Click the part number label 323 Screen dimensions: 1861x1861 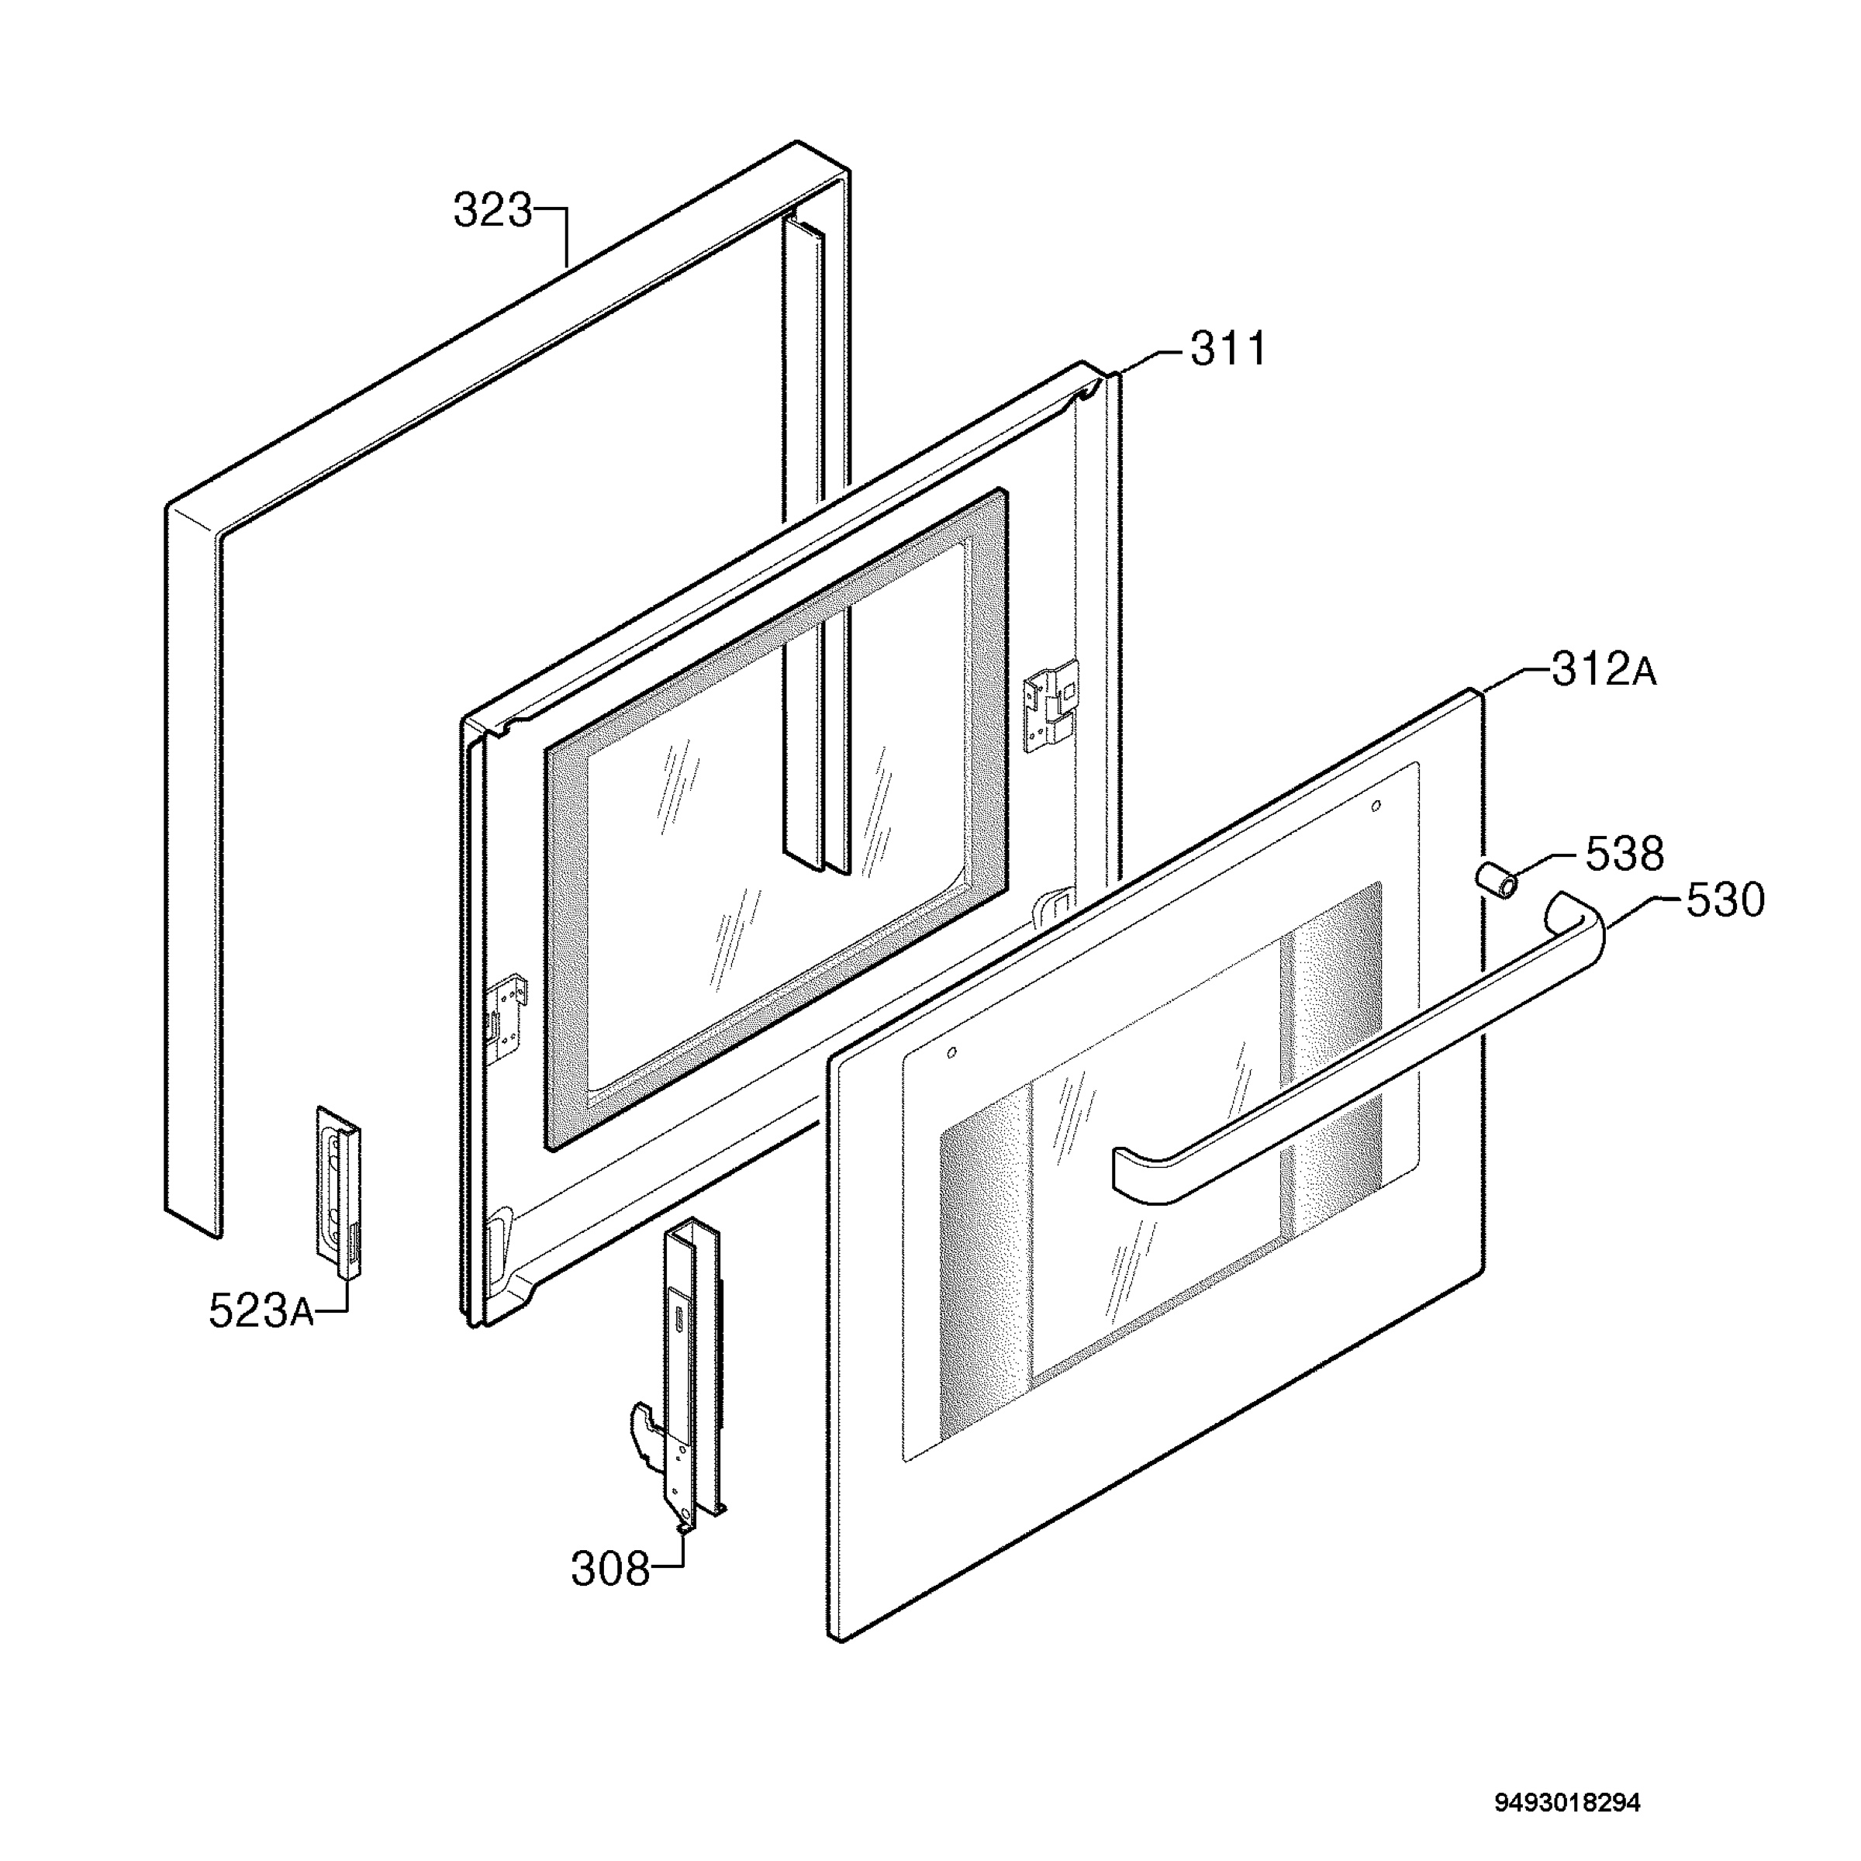point(492,211)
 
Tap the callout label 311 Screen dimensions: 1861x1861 point(1229,350)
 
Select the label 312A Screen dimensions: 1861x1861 point(1604,671)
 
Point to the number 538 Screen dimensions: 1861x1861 point(1625,854)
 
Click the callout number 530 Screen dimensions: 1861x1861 point(1726,900)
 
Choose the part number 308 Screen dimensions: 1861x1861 point(611,1569)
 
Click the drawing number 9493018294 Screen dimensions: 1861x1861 point(1567,1775)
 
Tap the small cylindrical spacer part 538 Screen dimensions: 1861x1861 point(1496,879)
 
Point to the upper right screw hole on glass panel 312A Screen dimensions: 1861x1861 point(1376,806)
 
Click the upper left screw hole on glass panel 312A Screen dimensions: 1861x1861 point(951,1053)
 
